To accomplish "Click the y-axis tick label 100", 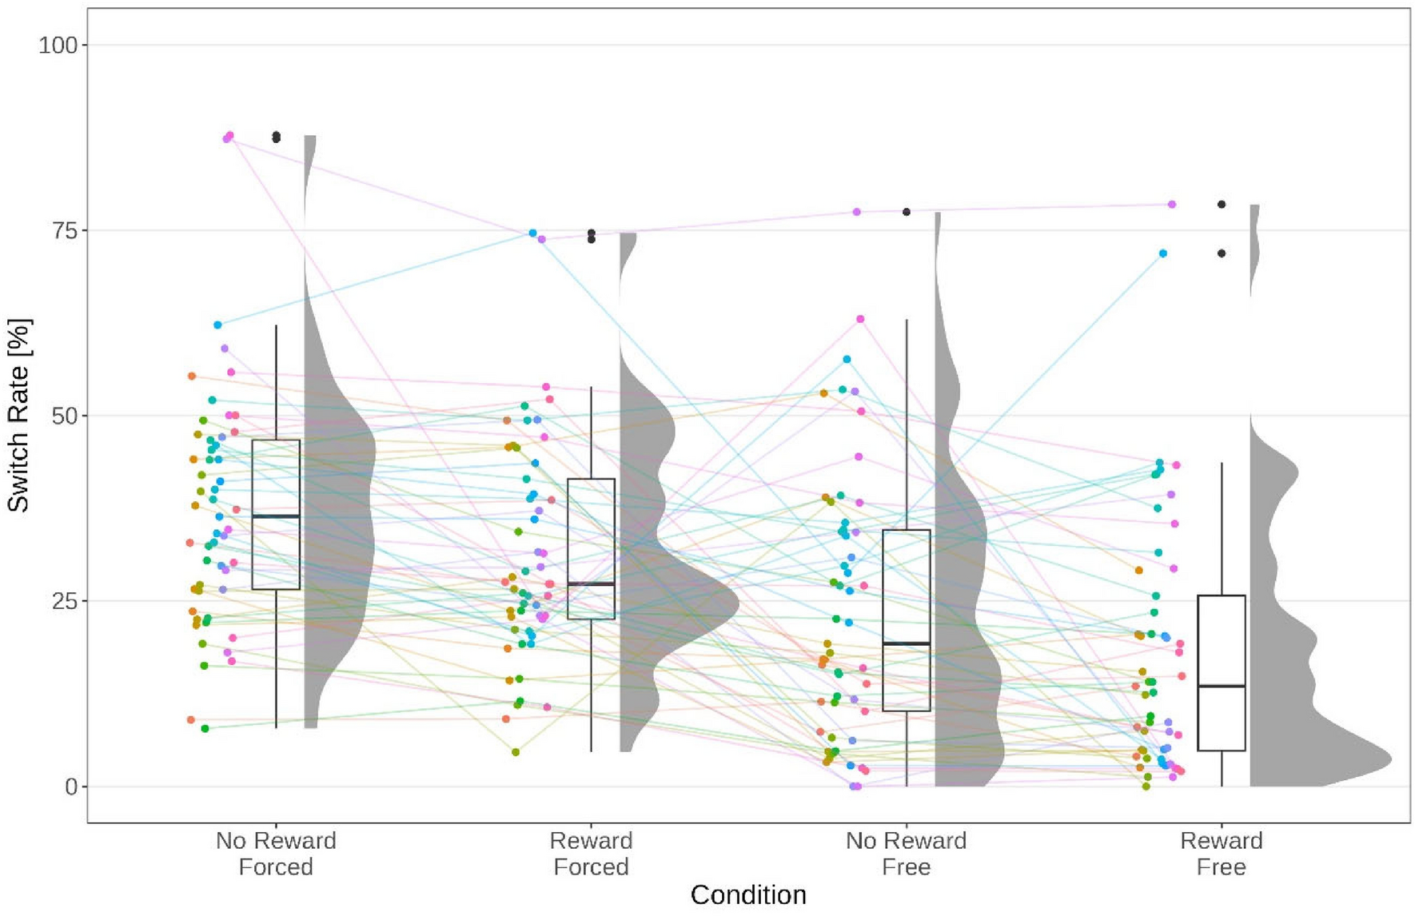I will click(x=58, y=46).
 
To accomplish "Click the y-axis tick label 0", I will click(x=70, y=787).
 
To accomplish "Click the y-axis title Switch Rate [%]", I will click(x=18, y=416).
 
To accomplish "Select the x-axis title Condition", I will click(x=748, y=895).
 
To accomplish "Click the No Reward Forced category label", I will click(x=276, y=854).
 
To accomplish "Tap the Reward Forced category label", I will click(x=591, y=854).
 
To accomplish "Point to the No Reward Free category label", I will click(x=906, y=854).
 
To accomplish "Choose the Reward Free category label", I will click(x=1221, y=854).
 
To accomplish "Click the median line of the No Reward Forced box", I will click(x=276, y=516).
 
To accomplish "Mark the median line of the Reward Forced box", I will click(x=591, y=584).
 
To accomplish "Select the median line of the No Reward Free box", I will click(x=906, y=643).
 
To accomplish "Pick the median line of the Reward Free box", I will click(x=1221, y=686).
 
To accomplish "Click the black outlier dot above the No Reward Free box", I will click(x=907, y=212).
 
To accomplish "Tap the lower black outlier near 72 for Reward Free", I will click(x=1222, y=253).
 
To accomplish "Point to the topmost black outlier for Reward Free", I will click(x=1222, y=205).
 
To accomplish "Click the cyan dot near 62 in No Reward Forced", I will click(x=217, y=325).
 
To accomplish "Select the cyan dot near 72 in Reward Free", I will click(x=1163, y=253).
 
